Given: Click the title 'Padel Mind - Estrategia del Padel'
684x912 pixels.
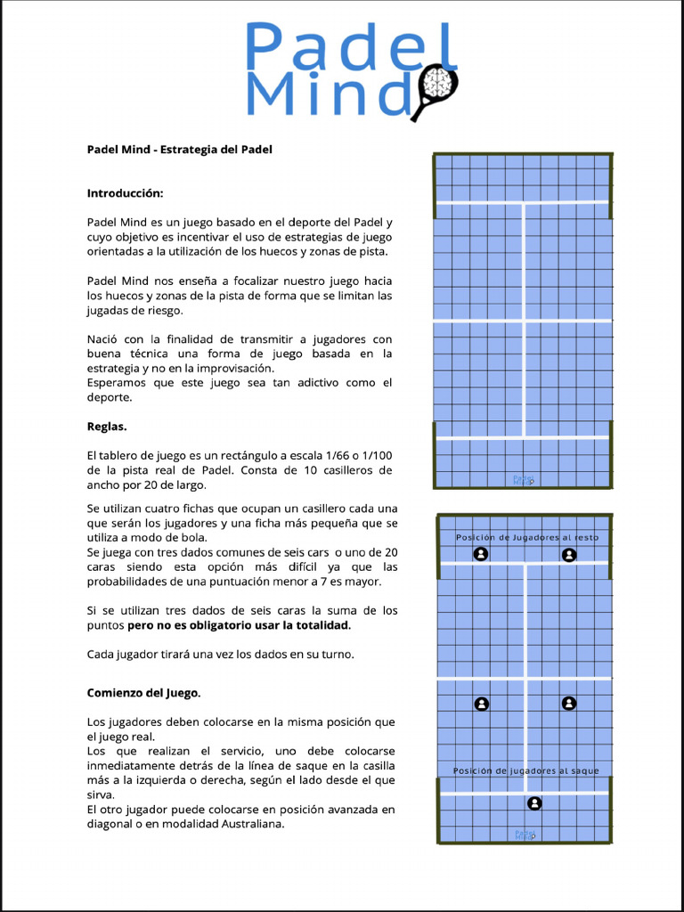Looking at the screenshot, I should point(179,150).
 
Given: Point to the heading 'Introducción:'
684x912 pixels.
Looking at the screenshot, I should point(125,193).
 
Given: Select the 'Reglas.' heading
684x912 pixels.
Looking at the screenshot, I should point(107,427).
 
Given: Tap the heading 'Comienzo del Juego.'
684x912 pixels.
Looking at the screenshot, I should point(143,693).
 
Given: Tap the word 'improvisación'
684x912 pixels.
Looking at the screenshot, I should point(235,369).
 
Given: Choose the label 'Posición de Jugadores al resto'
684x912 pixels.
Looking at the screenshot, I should point(526,538).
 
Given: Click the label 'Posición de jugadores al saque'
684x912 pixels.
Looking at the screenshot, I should point(525,771).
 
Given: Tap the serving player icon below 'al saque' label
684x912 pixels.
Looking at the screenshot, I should point(534,803).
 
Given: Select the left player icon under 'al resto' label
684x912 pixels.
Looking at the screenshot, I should point(481,555).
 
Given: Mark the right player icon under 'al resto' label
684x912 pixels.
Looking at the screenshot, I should point(569,555).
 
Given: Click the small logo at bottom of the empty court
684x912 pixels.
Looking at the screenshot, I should point(523,480).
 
